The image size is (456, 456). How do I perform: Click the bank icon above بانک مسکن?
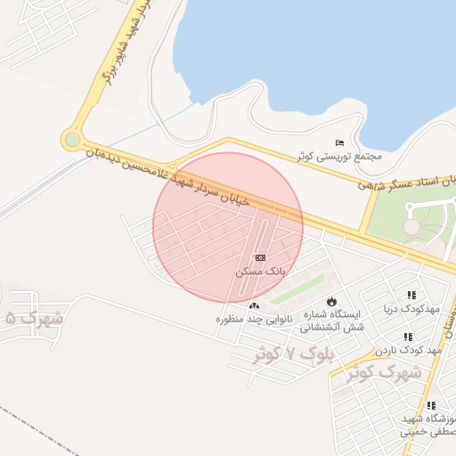260,257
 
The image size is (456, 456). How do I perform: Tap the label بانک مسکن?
260,271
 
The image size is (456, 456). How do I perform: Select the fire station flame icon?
332,301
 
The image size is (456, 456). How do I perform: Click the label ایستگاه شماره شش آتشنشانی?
332,321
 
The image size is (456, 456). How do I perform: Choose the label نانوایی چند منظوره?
254,319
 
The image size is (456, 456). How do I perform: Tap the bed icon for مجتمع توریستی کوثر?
338,142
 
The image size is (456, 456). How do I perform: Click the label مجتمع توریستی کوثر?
338,156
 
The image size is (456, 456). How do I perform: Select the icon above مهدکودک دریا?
411,295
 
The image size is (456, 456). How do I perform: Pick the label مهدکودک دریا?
412,308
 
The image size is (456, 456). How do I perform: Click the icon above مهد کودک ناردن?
407,337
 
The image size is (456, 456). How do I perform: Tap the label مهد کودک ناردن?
409,350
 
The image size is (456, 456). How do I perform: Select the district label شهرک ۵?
34,317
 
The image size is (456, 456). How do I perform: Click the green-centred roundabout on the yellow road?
72,139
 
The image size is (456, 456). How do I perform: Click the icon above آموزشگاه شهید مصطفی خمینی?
431,405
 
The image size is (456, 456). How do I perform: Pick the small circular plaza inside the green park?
411,227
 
